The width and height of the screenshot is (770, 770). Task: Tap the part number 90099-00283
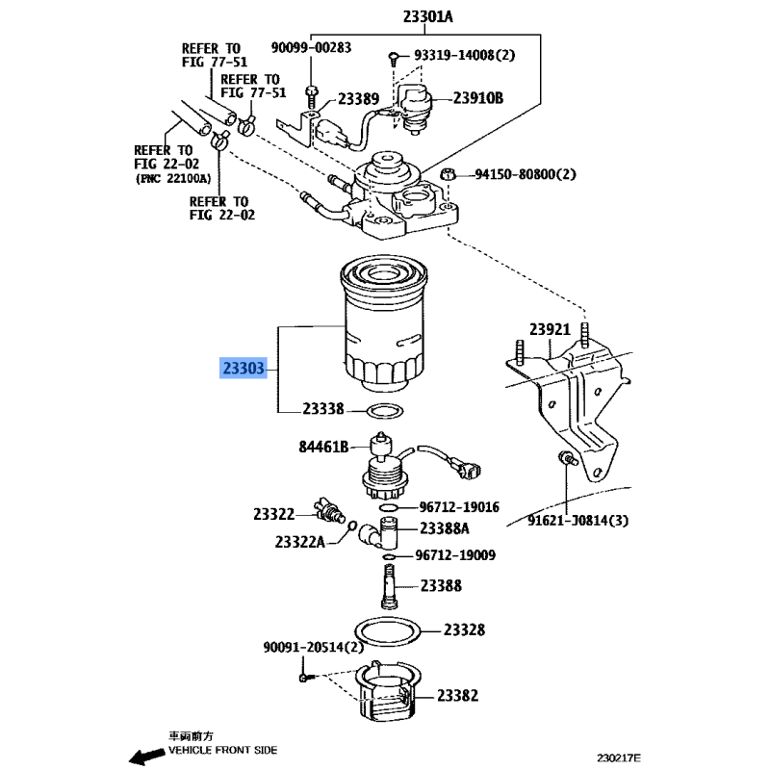click(x=312, y=46)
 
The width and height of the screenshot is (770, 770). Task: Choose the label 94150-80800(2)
click(x=525, y=175)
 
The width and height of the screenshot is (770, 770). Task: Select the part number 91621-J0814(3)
click(x=565, y=521)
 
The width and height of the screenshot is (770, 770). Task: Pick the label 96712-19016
click(x=458, y=507)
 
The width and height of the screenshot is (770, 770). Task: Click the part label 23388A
click(x=444, y=528)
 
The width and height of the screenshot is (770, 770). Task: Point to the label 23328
click(x=464, y=630)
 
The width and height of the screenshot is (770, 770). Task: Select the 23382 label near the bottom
click(x=457, y=695)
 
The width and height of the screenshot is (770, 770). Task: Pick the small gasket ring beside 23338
click(x=382, y=411)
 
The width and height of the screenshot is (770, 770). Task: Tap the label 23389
click(x=357, y=98)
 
